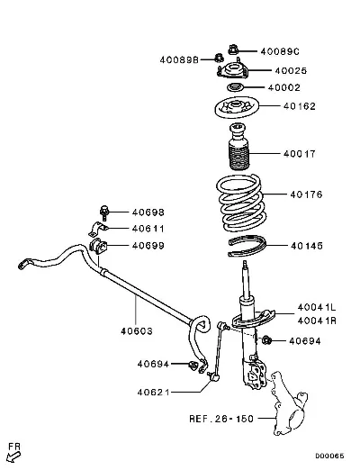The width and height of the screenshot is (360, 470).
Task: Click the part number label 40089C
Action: click(280, 51)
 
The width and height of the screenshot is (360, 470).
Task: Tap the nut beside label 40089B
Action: click(220, 57)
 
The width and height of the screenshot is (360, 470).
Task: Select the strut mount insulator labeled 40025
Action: click(232, 70)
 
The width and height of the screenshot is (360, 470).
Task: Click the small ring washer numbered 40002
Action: click(234, 88)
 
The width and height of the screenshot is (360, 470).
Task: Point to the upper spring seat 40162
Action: click(237, 108)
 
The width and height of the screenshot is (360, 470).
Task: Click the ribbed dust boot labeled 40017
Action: click(239, 147)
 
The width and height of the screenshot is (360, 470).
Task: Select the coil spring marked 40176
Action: click(240, 203)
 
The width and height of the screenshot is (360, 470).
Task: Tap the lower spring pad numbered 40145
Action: click(247, 246)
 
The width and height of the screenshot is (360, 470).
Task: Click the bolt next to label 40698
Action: click(104, 213)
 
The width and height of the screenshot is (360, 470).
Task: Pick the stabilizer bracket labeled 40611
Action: click(97, 229)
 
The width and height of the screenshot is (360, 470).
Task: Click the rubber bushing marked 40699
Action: click(98, 246)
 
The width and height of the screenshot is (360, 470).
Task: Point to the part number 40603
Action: click(137, 331)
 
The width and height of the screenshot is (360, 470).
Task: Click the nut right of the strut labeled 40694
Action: click(266, 340)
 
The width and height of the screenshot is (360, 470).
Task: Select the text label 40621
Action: click(153, 392)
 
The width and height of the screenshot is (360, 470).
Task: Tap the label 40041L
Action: click(317, 307)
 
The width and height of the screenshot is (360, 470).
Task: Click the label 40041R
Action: click(317, 321)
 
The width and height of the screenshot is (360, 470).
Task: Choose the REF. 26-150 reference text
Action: click(221, 419)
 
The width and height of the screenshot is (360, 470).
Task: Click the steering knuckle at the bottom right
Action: click(289, 403)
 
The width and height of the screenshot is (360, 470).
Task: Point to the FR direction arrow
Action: click(13, 457)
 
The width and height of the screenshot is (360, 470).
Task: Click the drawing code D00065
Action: click(329, 456)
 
